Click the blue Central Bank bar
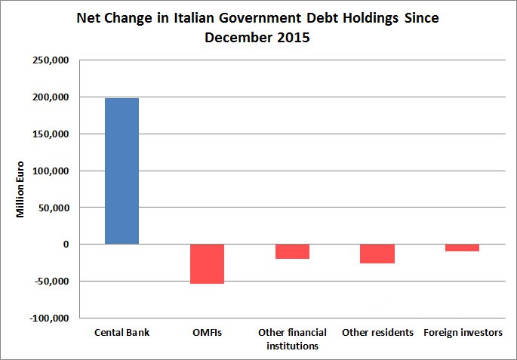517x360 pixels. (122, 171)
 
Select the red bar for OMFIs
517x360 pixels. (207, 263)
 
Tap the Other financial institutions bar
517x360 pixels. (292, 251)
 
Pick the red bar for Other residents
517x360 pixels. (377, 254)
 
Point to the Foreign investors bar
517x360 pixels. (462, 248)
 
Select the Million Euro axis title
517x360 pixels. (21, 189)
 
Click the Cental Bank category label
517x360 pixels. (122, 333)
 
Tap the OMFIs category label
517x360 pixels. (207, 333)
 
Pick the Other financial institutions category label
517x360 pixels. (292, 339)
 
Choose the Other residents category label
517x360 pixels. (377, 333)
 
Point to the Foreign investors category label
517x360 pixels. (463, 333)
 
